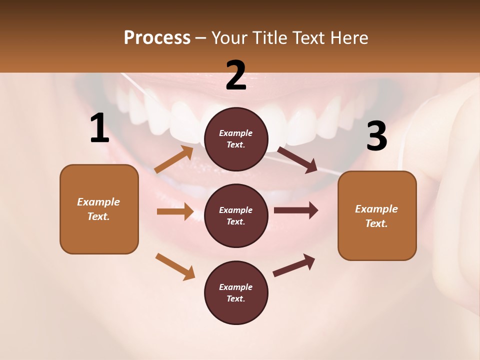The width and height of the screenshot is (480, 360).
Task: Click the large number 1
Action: click(x=99, y=128)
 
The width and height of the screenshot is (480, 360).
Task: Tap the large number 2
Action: click(x=236, y=75)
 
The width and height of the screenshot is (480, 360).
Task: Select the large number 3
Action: click(x=376, y=136)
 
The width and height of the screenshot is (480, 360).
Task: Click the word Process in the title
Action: click(x=157, y=37)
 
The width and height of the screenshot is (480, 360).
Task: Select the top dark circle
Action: click(x=236, y=138)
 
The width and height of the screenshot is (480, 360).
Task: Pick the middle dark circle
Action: click(x=236, y=215)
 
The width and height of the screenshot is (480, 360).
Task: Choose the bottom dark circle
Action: click(x=236, y=292)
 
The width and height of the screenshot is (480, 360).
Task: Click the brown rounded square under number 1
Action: click(x=99, y=209)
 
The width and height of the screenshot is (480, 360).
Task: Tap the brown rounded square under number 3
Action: click(x=377, y=215)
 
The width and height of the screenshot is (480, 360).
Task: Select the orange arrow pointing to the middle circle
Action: click(x=175, y=211)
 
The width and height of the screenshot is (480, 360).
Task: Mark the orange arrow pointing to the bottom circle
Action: click(x=175, y=266)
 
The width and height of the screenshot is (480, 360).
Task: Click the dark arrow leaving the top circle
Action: click(x=297, y=158)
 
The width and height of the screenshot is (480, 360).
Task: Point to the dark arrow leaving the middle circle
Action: click(x=296, y=210)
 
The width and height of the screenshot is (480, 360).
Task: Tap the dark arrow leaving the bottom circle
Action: click(x=294, y=265)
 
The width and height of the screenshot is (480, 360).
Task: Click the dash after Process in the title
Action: click(x=201, y=38)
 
